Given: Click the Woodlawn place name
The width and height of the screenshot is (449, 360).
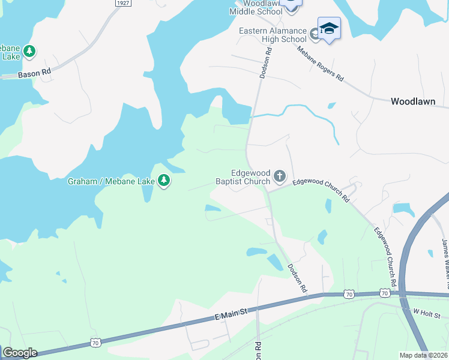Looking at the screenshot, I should [412, 101].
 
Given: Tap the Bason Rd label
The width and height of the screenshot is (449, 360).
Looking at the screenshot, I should [34, 74].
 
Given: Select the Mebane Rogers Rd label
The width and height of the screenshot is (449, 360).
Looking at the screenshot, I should [321, 64].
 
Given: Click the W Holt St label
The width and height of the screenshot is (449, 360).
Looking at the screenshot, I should [427, 313].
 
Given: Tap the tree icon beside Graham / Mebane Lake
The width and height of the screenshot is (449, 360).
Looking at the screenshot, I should [163, 180].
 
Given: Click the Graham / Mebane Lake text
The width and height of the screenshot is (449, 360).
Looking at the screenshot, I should [112, 180].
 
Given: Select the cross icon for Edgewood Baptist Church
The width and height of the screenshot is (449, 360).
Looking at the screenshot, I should [279, 176].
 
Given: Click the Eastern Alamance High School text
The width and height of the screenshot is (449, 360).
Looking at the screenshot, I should [273, 35].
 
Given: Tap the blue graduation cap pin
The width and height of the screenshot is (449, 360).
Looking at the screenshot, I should [329, 28].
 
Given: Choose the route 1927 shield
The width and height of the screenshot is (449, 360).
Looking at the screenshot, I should [123, 3].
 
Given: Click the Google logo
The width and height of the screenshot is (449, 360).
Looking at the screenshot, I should [20, 353].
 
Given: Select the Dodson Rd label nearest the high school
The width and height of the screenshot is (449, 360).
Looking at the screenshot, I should [267, 63].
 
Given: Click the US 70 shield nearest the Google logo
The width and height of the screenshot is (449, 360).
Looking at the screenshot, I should [95, 343].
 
